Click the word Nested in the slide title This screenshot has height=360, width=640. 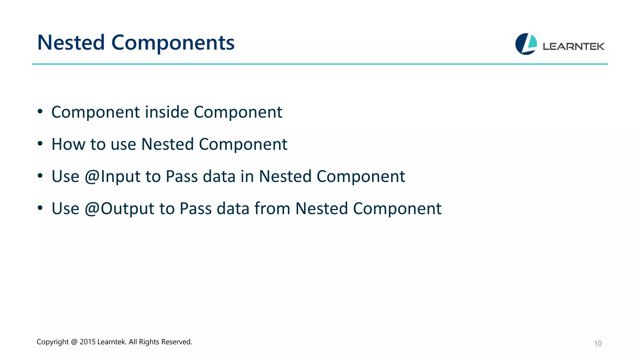(x=71, y=42)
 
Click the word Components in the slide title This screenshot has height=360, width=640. (x=173, y=42)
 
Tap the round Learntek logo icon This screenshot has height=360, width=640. (x=526, y=44)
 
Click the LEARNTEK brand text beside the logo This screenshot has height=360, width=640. (x=573, y=47)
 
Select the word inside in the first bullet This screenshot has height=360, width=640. (x=167, y=112)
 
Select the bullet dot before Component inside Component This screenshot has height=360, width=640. (x=40, y=112)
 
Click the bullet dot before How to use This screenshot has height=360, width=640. (x=40, y=144)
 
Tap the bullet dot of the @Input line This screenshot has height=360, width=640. (x=40, y=176)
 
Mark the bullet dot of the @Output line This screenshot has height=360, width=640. (x=40, y=208)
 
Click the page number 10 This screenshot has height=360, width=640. (x=597, y=343)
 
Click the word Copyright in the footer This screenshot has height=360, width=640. (x=52, y=342)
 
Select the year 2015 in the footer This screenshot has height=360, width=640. (x=87, y=342)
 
